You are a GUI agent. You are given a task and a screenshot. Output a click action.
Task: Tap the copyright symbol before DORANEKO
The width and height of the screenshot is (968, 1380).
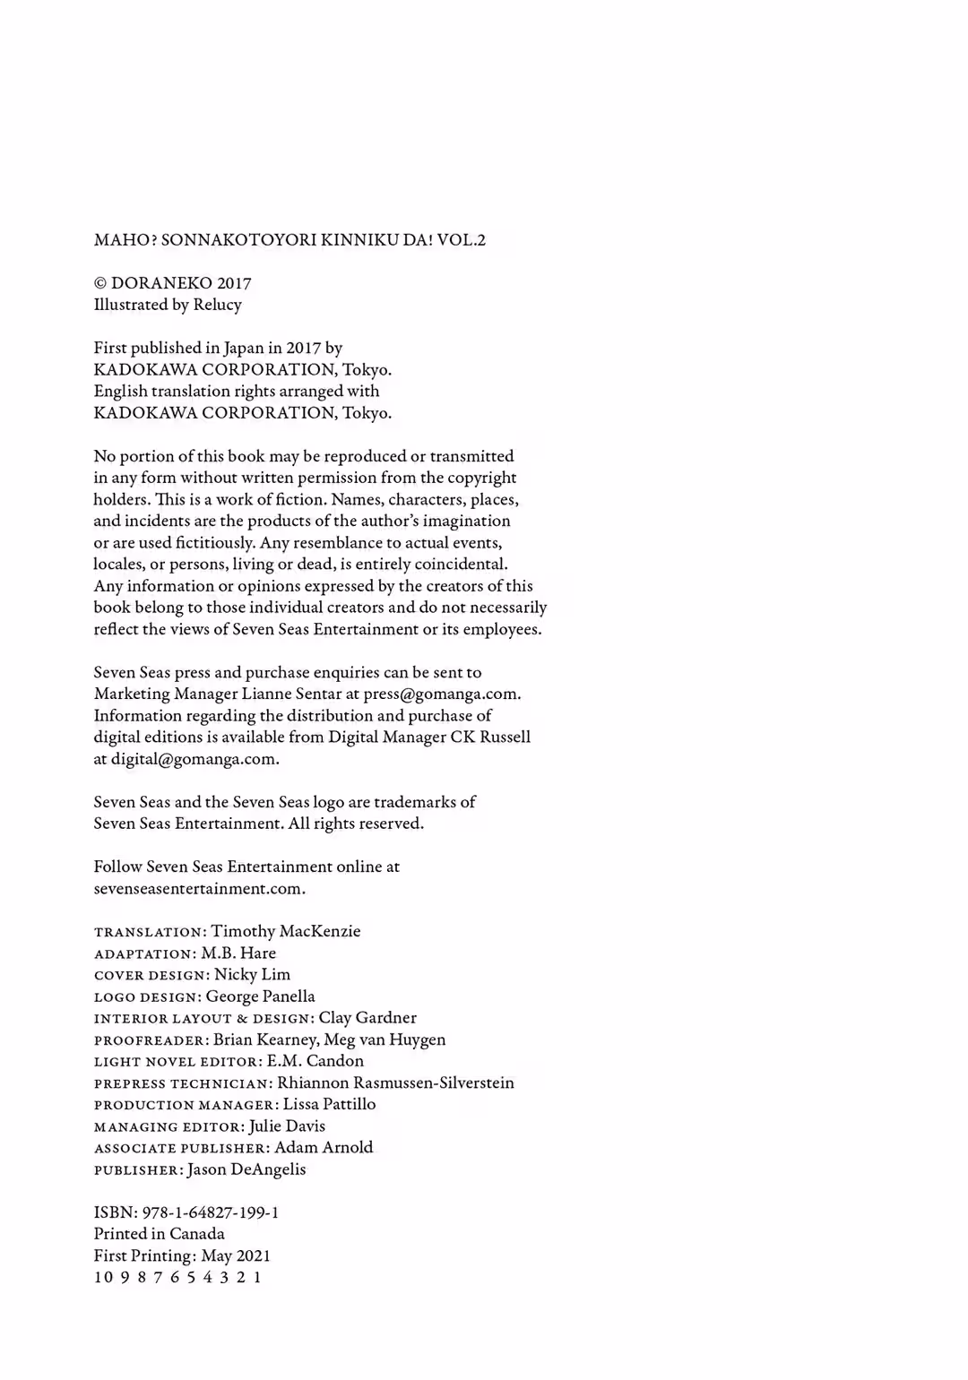click(x=100, y=283)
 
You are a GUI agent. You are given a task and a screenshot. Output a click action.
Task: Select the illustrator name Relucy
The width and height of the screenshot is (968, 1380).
click(x=218, y=305)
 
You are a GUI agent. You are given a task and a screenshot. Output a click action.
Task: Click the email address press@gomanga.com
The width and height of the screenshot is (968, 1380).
click(x=441, y=694)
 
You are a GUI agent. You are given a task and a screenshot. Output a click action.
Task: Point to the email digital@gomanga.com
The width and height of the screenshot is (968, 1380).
click(x=194, y=759)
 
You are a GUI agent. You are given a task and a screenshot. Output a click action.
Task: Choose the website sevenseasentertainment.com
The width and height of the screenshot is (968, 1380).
click(x=199, y=889)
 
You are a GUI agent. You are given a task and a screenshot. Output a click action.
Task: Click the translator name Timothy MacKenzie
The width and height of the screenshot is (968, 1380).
click(x=286, y=931)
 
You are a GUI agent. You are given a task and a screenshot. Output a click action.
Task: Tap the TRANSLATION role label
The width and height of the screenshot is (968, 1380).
click(x=149, y=933)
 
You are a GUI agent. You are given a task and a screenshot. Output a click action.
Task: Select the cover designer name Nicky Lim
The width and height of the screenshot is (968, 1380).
click(x=252, y=974)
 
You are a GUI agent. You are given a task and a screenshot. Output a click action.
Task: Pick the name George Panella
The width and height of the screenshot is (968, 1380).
click(x=261, y=996)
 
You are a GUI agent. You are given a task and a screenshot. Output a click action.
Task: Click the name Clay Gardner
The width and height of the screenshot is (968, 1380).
click(x=367, y=1018)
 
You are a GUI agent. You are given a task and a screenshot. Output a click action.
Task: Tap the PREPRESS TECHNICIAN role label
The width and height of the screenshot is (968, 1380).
click(x=182, y=1083)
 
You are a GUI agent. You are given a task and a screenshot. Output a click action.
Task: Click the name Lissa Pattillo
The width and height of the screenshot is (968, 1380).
click(x=330, y=1104)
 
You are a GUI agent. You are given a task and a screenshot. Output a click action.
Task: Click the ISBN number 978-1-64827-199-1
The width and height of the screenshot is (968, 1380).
click(x=211, y=1212)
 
